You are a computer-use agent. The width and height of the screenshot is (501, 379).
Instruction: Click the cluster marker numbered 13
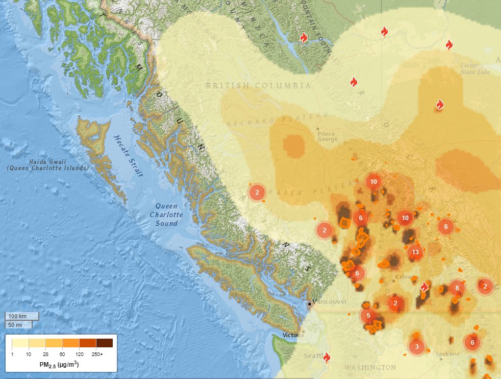click(415, 252)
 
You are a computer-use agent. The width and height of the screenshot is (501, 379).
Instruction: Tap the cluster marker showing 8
click(457, 288)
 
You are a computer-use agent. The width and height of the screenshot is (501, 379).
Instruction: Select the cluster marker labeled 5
click(368, 316)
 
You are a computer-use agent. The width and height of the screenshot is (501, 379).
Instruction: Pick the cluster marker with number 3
click(417, 347)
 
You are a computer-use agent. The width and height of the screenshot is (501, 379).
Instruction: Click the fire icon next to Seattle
click(327, 358)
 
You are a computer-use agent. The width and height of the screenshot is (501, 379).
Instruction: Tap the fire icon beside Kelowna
click(423, 287)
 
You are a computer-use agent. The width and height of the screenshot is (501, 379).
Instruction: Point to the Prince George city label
click(327, 137)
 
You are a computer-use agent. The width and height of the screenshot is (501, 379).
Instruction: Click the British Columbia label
click(258, 85)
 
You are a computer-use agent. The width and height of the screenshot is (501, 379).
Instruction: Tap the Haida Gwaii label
click(48, 164)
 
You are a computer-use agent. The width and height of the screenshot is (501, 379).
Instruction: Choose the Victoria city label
click(294, 336)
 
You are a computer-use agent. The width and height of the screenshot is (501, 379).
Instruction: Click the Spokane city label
click(448, 354)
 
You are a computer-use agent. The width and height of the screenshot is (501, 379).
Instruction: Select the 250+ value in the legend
click(97, 354)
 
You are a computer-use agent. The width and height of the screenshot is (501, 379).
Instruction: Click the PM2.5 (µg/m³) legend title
click(59, 365)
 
